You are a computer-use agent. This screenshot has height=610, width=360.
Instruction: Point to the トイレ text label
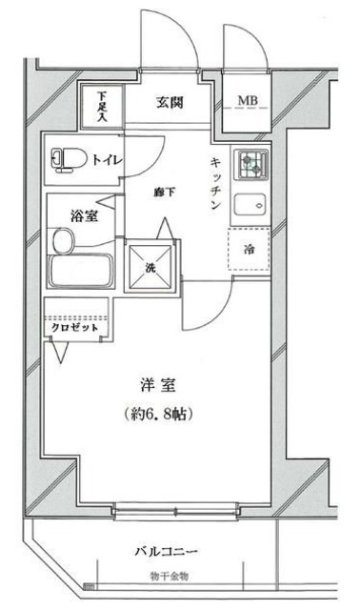pyautogui.click(x=107, y=159)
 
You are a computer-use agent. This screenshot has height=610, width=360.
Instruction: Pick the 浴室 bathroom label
pyautogui.click(x=83, y=216)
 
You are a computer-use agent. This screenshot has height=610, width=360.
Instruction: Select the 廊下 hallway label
pyautogui.click(x=166, y=192)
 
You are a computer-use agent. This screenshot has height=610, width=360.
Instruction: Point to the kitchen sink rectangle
pyautogui.click(x=251, y=203)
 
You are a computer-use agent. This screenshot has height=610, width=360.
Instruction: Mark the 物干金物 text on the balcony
pyautogui.click(x=170, y=577)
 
